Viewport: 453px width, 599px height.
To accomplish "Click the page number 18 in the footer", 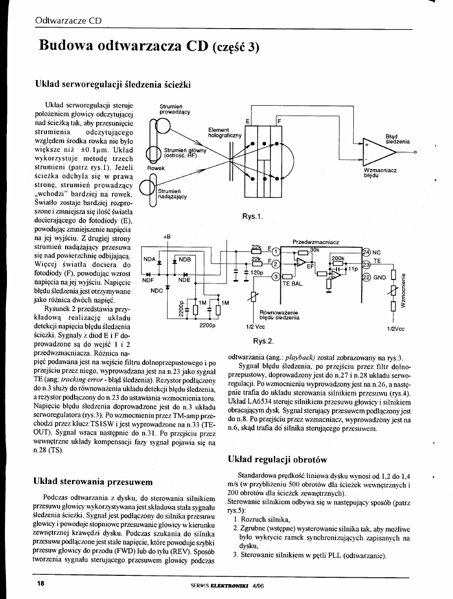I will click(x=40, y=583).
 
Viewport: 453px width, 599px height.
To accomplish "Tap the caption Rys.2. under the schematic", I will click(x=263, y=341).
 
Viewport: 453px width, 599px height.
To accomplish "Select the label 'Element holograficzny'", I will click(x=225, y=132).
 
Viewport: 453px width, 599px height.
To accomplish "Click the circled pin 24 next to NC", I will click(x=367, y=251).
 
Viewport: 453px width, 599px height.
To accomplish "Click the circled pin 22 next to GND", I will click(x=367, y=278).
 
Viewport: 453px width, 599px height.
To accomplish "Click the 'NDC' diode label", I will click(x=156, y=290).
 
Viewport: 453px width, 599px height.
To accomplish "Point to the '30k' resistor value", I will click(x=314, y=250).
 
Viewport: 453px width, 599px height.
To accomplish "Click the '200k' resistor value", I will click(x=338, y=258).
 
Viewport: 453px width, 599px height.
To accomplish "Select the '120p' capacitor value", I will click(x=258, y=272).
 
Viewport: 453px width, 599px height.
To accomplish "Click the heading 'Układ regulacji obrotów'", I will click(x=278, y=459).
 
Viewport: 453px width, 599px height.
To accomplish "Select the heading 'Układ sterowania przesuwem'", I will click(x=92, y=481).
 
